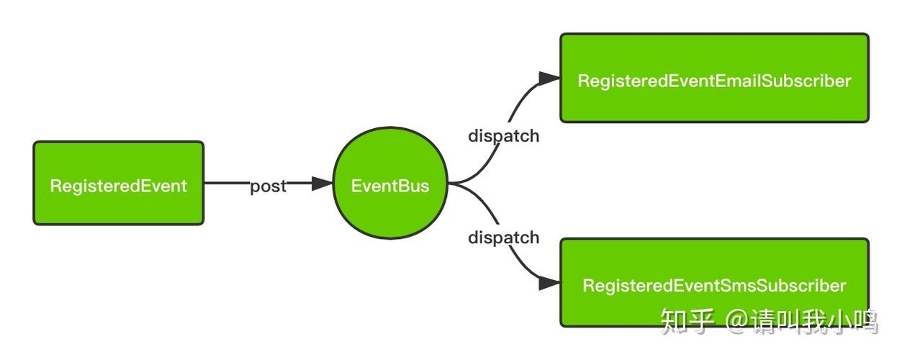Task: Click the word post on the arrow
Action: click(268, 186)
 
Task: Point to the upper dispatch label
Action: click(503, 135)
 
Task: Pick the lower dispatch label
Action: click(503, 237)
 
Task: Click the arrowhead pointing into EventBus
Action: click(322, 184)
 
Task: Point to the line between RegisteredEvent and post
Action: click(227, 184)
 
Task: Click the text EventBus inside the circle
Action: click(389, 186)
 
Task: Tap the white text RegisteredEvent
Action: click(119, 186)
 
